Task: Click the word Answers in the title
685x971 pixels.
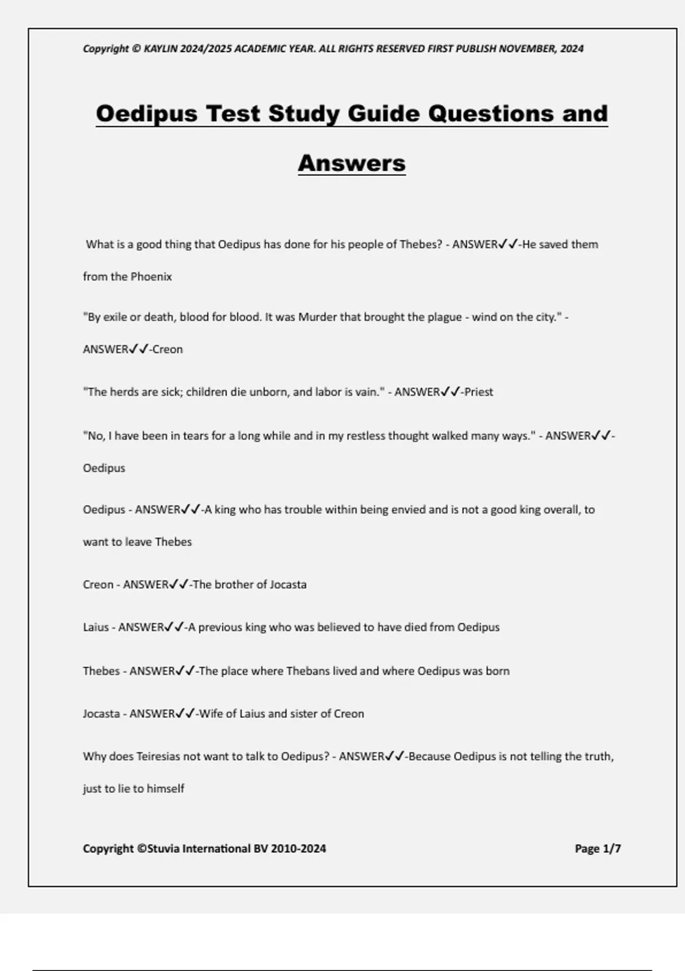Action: [x=352, y=163]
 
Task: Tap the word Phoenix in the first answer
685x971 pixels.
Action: [x=151, y=277]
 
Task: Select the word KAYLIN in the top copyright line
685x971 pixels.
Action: [x=161, y=49]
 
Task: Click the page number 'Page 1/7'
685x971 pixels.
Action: [x=598, y=849]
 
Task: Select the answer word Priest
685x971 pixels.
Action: [x=479, y=392]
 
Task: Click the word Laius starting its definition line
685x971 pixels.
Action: [x=95, y=627]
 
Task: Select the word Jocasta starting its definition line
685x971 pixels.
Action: [x=102, y=714]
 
